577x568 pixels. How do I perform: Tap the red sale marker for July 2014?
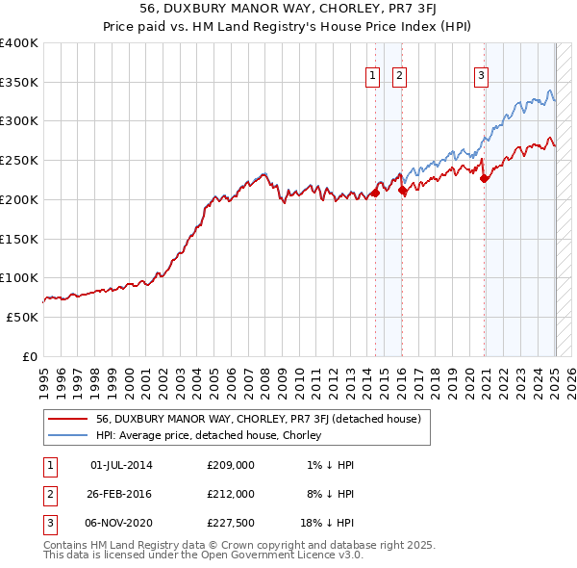[x=374, y=194]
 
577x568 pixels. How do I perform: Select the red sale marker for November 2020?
[x=485, y=178]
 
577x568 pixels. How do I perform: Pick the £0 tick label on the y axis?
[x=29, y=356]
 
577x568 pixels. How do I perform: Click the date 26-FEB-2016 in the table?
[x=121, y=494]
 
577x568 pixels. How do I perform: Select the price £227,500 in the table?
[x=231, y=523]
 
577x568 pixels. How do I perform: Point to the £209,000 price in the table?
[x=231, y=465]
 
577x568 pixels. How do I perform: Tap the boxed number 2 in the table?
[x=49, y=494]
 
